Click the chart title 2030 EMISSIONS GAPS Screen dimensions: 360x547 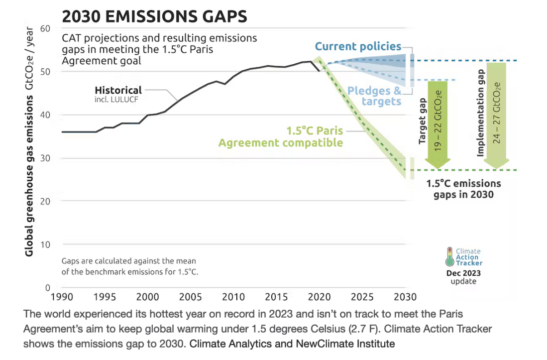[x=154, y=16]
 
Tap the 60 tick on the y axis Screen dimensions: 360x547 [x=46, y=28]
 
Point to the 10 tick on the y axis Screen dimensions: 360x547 [x=46, y=244]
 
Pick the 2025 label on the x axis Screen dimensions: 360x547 [x=362, y=297]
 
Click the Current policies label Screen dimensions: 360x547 [x=358, y=47]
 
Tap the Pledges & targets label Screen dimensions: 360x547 [x=374, y=96]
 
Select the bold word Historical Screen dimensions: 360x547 [x=118, y=90]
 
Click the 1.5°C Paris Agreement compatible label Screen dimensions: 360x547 [x=281, y=137]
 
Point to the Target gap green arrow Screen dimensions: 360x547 [x=438, y=124]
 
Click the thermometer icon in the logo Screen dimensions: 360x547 [x=450, y=257]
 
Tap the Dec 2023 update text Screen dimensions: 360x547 [x=463, y=277]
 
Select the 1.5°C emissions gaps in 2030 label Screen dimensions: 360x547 [x=463, y=189]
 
